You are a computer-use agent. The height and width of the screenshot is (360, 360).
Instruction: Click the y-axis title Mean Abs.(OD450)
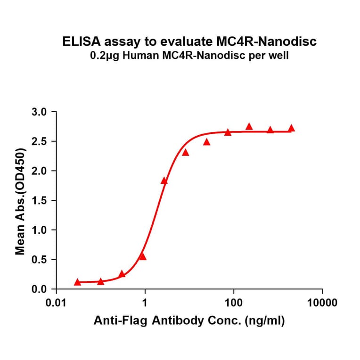tap(20, 201)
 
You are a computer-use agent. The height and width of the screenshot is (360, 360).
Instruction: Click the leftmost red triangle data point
tap(78, 282)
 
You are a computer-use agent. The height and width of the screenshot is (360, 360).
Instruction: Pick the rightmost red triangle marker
tap(291, 128)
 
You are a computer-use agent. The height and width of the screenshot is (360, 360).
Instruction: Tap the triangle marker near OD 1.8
tap(164, 180)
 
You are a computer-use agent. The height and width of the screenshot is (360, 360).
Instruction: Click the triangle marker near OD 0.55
tap(143, 256)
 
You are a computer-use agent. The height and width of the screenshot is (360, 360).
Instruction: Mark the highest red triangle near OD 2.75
tap(249, 126)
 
